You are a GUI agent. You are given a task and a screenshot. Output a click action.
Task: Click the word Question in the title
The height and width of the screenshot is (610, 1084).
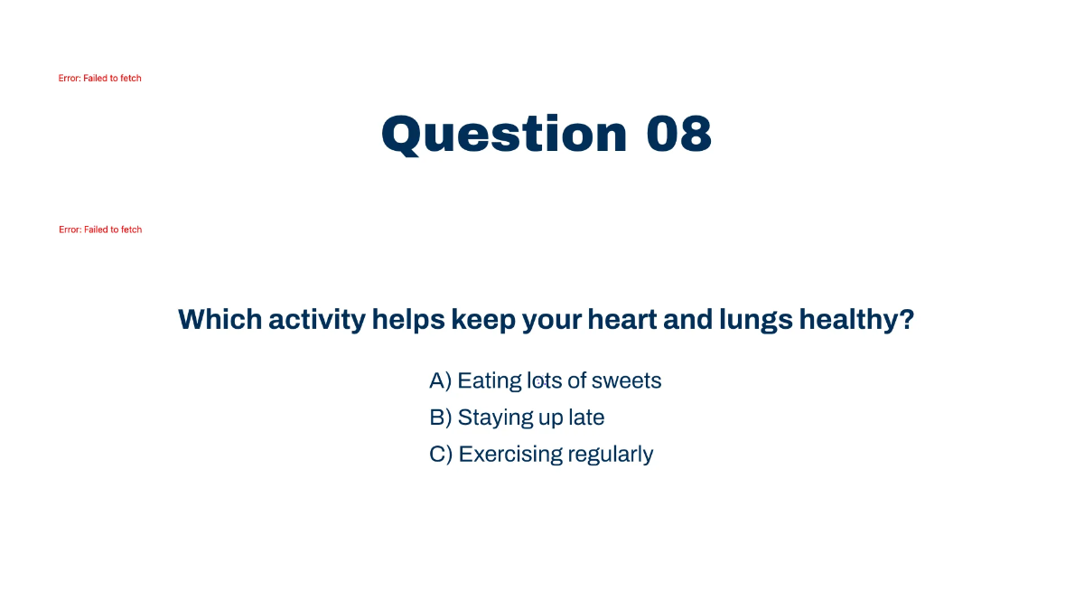tap(504, 135)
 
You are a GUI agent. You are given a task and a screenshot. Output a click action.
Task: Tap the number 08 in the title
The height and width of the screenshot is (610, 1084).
tap(679, 134)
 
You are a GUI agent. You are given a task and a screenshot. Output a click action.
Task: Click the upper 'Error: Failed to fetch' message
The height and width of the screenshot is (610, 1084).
tap(99, 79)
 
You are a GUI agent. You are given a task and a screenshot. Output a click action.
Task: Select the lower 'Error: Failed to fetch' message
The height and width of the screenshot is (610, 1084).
tap(100, 230)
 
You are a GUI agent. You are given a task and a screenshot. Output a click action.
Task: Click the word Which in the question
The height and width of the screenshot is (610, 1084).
tap(220, 320)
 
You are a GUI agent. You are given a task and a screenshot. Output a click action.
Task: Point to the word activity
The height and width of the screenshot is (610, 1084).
tap(317, 321)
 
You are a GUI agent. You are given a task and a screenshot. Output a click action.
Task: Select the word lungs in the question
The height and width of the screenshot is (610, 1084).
tap(756, 321)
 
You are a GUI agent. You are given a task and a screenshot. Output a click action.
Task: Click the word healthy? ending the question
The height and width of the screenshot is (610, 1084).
tap(856, 321)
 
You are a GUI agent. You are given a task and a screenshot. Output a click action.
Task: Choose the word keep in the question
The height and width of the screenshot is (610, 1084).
tap(483, 321)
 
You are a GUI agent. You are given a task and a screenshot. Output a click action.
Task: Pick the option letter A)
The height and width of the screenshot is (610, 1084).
tap(441, 381)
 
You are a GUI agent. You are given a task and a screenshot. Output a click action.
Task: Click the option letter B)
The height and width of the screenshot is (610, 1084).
tap(441, 418)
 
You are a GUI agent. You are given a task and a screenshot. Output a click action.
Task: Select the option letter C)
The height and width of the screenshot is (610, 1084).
tap(441, 455)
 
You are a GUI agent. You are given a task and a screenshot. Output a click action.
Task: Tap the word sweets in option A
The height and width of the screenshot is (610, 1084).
tap(626, 381)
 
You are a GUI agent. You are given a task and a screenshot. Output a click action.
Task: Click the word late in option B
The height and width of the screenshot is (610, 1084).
tap(586, 418)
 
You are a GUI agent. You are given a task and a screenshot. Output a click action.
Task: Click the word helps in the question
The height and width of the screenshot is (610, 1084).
tap(408, 321)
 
